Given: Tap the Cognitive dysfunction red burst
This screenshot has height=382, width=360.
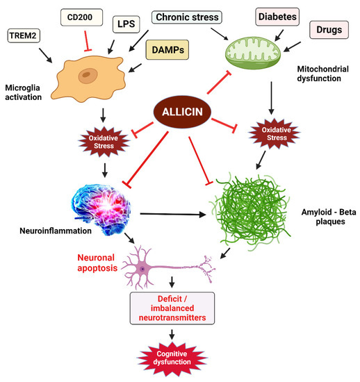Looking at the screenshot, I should tap(172, 358).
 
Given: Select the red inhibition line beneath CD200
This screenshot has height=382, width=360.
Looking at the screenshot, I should tap(85, 40).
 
